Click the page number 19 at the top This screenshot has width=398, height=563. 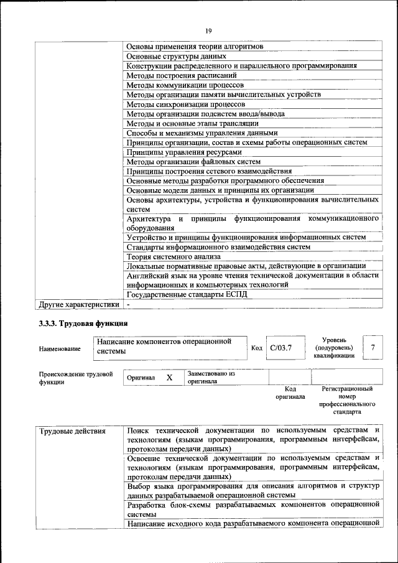208,29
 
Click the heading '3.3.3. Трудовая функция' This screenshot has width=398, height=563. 83,323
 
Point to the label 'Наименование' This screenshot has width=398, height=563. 60,350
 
